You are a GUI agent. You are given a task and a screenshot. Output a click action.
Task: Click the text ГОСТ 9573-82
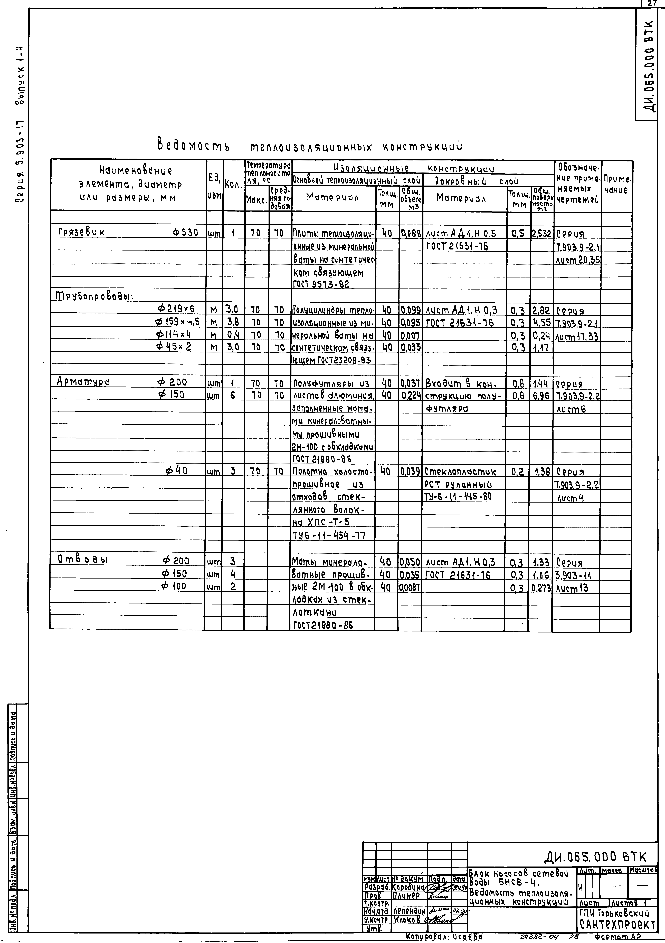click(321, 284)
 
